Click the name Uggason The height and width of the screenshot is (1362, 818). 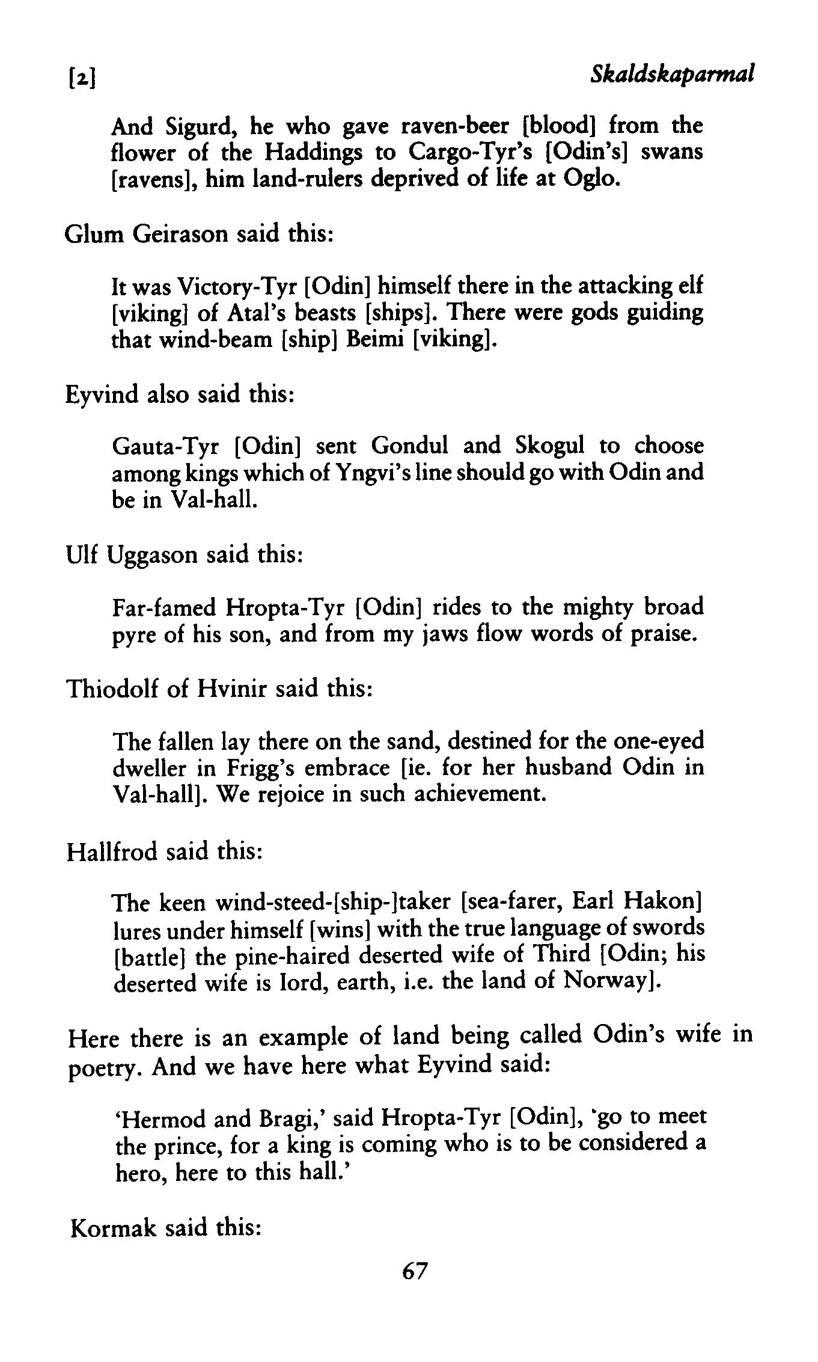152,554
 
